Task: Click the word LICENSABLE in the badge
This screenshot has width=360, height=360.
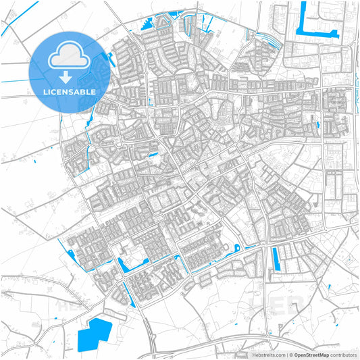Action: [69, 91]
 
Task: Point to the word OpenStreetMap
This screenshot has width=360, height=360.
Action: [311, 355]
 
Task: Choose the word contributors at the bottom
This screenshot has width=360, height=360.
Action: [344, 355]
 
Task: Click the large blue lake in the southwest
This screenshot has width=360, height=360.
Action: [94, 334]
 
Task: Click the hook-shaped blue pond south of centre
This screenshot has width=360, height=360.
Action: [236, 249]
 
